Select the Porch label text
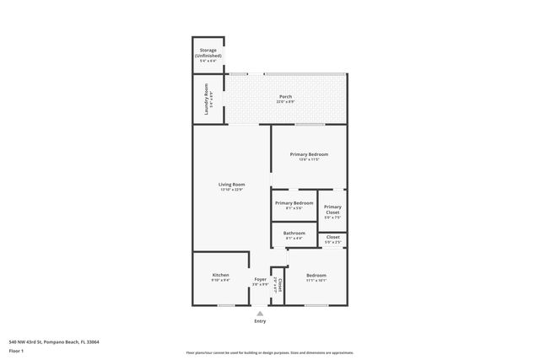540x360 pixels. pos(285,97)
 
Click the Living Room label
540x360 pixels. pos(231,184)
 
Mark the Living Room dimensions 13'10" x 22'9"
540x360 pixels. pos(231,190)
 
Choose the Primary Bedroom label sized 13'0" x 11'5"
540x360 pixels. pos(308,154)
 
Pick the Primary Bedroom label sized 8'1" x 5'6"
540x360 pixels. pos(294,203)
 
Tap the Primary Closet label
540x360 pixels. pos(332,209)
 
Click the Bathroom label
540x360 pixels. pos(294,233)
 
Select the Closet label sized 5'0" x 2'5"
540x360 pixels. pos(332,237)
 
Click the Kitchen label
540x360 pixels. pos(220,276)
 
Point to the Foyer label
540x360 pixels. pos(261,279)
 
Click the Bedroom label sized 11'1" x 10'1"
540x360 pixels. pos(316,276)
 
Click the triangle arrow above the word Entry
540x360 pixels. pos(260,313)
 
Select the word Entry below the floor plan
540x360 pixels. pos(260,321)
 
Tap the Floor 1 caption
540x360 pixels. pos(15,350)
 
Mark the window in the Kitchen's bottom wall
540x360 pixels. pos(225,305)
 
